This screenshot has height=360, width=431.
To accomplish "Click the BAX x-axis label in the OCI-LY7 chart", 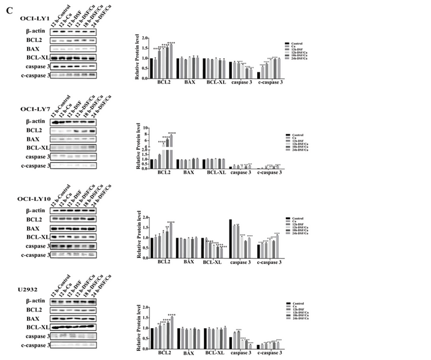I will (x=188, y=173).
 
